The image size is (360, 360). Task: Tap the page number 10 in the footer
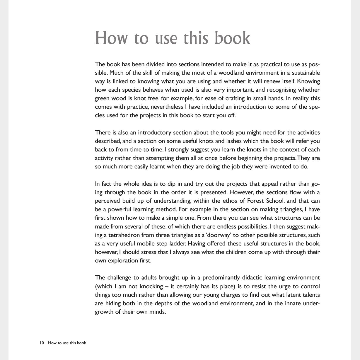point(42,343)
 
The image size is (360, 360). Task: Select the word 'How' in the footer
point(52,343)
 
